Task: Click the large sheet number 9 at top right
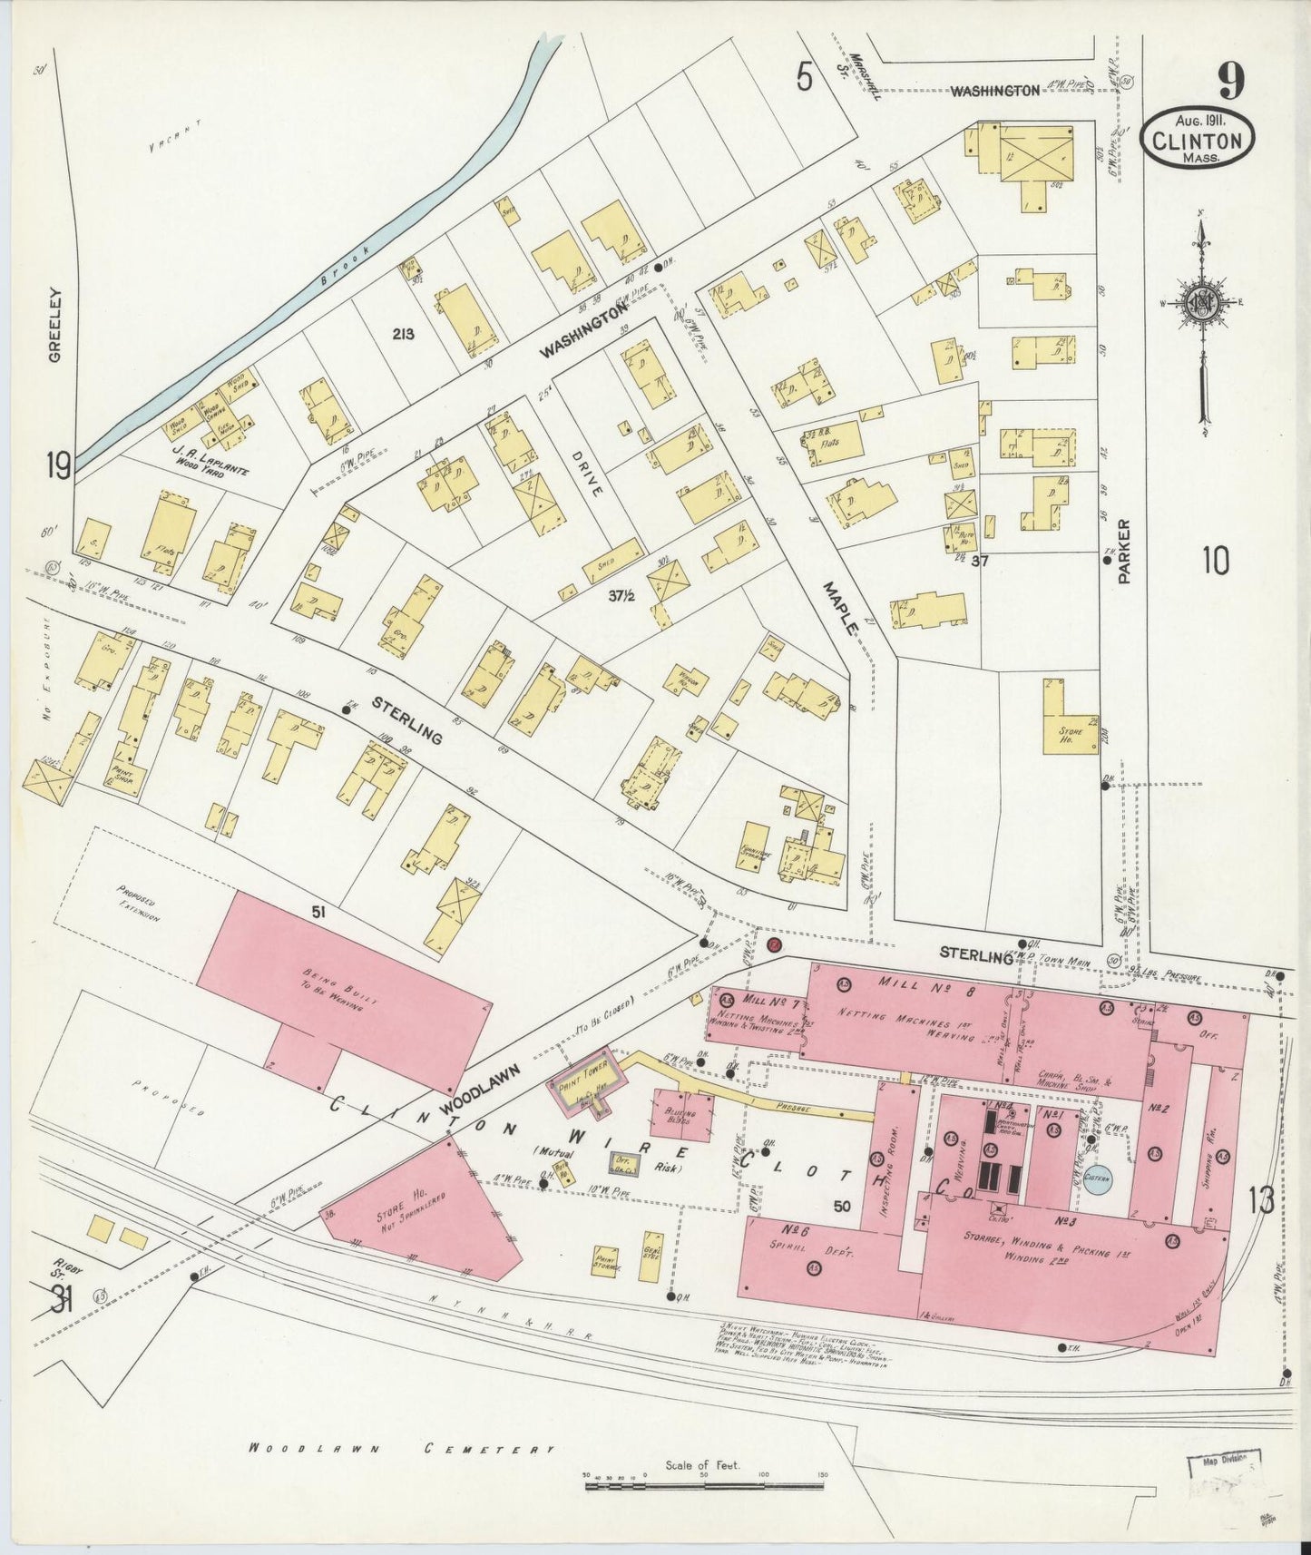coord(1231,83)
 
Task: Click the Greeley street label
coord(55,325)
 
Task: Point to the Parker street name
coord(1125,551)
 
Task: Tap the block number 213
coord(404,334)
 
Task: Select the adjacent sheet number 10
coord(1215,562)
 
